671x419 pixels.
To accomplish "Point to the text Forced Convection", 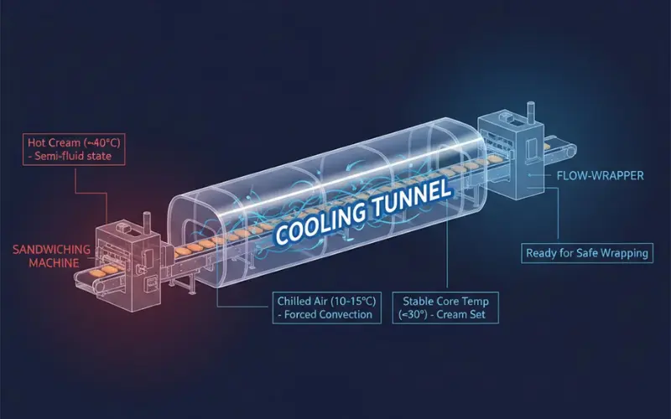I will tap(329, 315).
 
